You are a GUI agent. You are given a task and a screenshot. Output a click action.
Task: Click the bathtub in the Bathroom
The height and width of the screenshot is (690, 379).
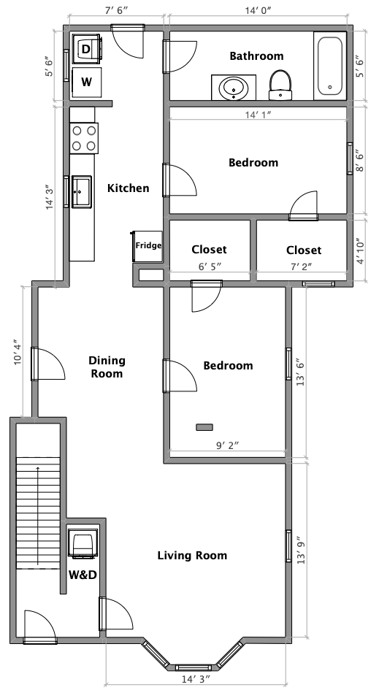tap(331, 66)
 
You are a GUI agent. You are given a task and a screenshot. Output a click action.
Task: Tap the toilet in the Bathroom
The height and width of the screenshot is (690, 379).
tap(280, 85)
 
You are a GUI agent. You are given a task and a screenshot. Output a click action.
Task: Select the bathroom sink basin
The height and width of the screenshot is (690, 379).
tap(234, 88)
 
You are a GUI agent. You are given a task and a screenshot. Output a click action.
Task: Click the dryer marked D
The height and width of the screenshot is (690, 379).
tap(86, 49)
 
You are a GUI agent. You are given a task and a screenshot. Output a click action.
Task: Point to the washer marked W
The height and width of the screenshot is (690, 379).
tap(86, 82)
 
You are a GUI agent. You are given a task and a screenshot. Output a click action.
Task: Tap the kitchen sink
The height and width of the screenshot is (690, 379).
tap(81, 192)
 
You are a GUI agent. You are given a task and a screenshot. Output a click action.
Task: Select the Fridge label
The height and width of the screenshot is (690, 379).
tap(148, 246)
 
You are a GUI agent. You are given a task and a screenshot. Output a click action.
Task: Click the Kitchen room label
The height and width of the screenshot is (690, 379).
tap(128, 188)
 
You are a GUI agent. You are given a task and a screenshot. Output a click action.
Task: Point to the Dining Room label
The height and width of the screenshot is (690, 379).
tap(107, 367)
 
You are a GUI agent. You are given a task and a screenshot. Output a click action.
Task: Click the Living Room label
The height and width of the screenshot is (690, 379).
tap(192, 556)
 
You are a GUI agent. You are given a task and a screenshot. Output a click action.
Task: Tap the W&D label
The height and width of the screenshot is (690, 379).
tap(83, 575)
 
